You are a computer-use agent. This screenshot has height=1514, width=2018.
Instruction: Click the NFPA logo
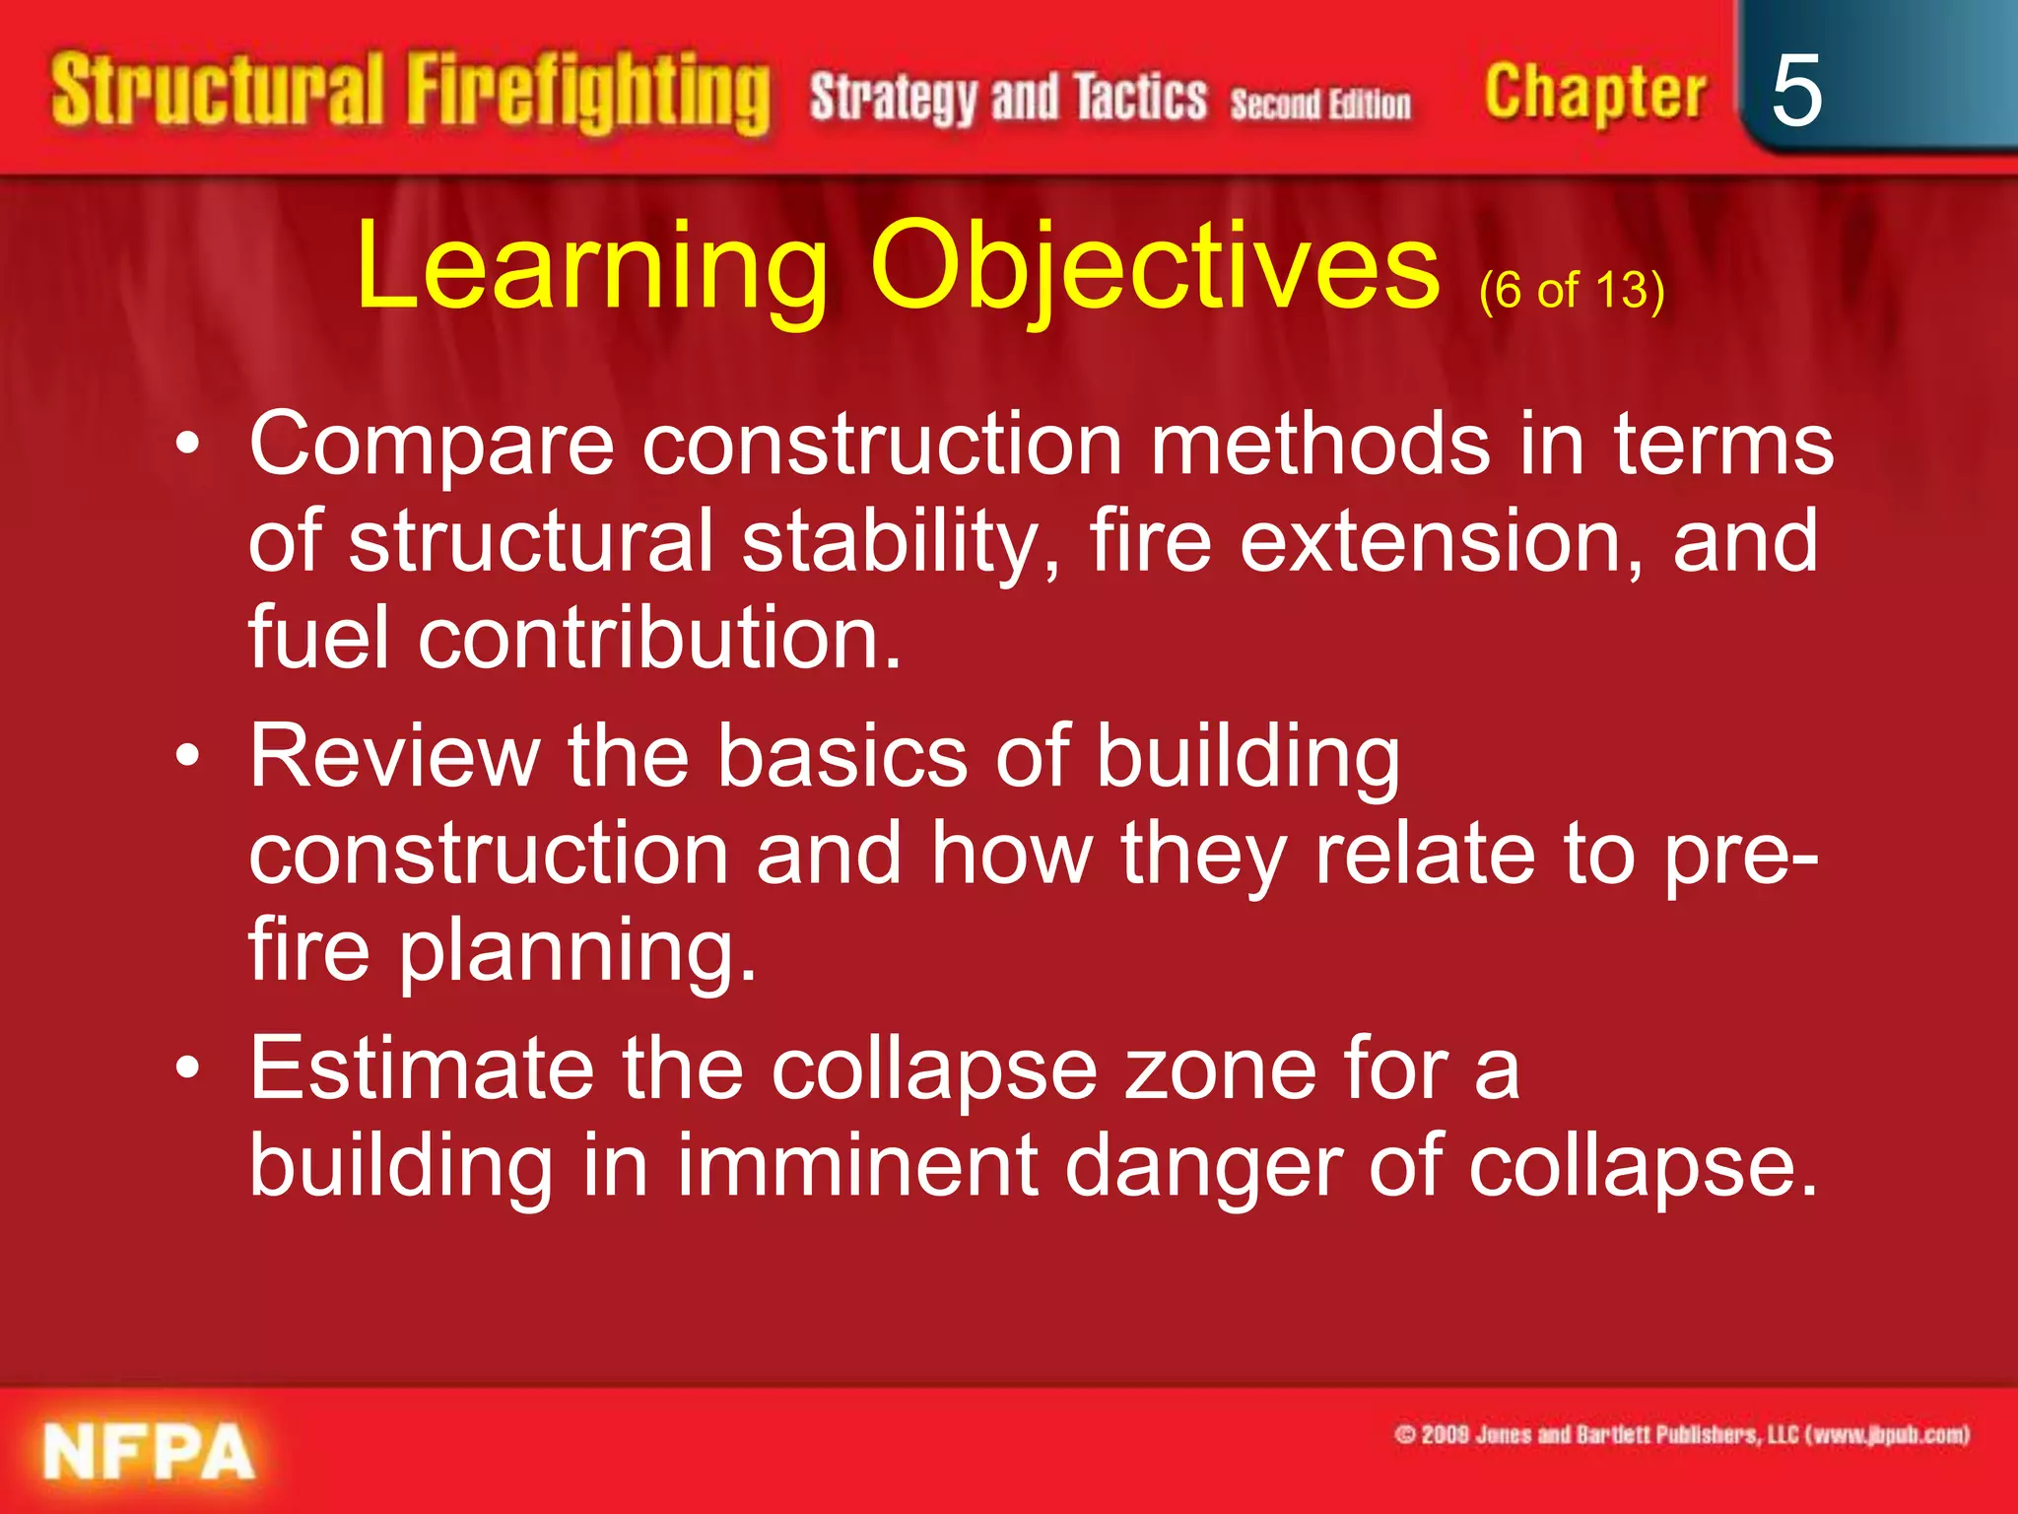[x=149, y=1452]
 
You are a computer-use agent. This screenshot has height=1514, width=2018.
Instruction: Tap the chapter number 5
[x=1795, y=91]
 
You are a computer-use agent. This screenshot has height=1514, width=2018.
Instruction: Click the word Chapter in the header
[x=1594, y=94]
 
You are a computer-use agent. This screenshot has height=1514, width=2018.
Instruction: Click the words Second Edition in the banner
[x=1320, y=103]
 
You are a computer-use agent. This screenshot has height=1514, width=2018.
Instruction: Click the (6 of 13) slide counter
[x=1572, y=291]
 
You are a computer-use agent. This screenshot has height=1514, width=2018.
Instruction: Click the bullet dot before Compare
[x=188, y=446]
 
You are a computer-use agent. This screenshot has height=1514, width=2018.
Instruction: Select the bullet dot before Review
[x=188, y=757]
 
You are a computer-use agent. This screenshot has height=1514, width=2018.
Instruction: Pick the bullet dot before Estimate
[x=188, y=1068]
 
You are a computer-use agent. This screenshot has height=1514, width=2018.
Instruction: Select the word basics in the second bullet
[x=842, y=757]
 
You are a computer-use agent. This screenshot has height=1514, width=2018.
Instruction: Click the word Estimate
[x=422, y=1068]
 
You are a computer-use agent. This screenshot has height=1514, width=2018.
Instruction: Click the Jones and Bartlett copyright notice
[x=1681, y=1434]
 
